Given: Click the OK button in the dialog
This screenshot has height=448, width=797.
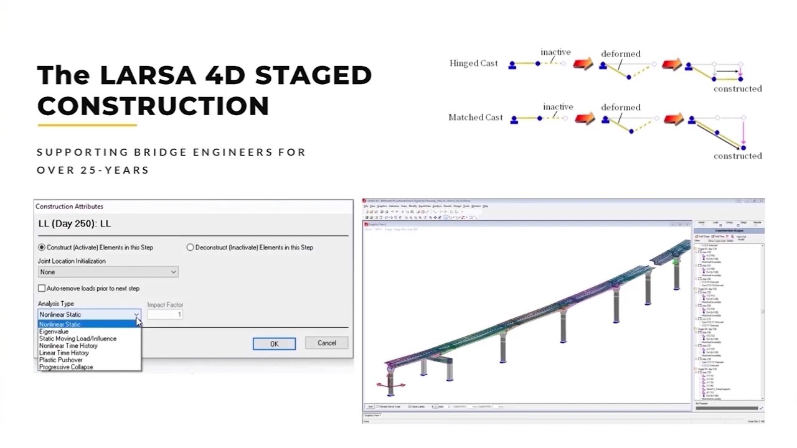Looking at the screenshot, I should pyautogui.click(x=274, y=344).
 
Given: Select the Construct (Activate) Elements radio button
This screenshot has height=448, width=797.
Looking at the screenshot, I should pyautogui.click(x=42, y=248).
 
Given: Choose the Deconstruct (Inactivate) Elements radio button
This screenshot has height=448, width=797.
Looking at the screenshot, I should pyautogui.click(x=190, y=248).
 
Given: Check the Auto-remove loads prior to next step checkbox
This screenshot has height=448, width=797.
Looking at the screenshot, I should pyautogui.click(x=42, y=289).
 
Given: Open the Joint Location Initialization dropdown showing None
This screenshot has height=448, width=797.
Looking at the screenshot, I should pyautogui.click(x=108, y=272).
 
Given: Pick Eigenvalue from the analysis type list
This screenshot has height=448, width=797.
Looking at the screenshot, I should pyautogui.click(x=54, y=332).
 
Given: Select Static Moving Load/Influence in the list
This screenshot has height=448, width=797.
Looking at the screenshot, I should pyautogui.click(x=77, y=339).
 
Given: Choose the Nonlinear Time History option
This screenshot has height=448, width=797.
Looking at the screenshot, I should pyautogui.click(x=68, y=346).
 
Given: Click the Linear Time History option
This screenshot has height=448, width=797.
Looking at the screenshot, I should pyautogui.click(x=64, y=353).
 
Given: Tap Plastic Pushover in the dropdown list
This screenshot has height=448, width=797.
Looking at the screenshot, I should pyautogui.click(x=60, y=360).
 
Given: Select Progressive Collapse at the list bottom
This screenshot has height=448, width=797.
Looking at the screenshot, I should pyautogui.click(x=65, y=367).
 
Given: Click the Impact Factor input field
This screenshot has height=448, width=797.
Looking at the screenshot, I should pyautogui.click(x=165, y=315).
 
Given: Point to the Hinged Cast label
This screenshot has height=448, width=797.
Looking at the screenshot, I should pyautogui.click(x=473, y=63).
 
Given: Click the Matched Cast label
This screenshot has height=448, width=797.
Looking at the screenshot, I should pyautogui.click(x=475, y=118).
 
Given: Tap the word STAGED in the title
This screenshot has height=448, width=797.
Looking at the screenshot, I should pyautogui.click(x=313, y=75).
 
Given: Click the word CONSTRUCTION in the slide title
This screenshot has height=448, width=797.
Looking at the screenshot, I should pyautogui.click(x=153, y=106).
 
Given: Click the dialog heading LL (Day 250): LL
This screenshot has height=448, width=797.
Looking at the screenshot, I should pyautogui.click(x=74, y=224).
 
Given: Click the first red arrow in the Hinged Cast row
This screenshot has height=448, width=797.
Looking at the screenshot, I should pyautogui.click(x=583, y=64).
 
